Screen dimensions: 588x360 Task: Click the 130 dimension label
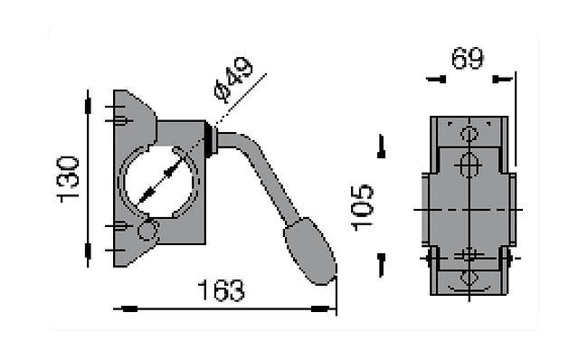point(68,180)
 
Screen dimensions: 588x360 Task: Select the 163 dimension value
point(221,290)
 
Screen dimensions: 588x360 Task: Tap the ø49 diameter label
point(233,80)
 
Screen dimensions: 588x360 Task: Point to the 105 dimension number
point(362,207)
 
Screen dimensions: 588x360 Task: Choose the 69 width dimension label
point(468,58)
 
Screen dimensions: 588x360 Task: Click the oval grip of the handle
point(309,251)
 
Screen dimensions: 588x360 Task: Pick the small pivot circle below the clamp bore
point(147,231)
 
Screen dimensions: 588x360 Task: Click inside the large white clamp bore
point(159,183)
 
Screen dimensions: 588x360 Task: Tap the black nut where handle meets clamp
point(209,139)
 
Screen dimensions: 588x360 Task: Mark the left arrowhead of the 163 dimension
point(126,308)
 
